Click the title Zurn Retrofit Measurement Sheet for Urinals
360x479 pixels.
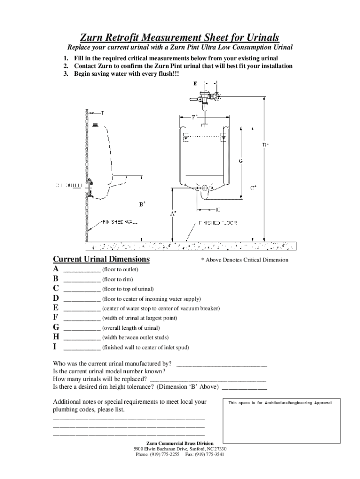(x=180, y=37)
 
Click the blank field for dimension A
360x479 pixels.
(x=82, y=270)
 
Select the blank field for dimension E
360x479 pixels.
(x=82, y=309)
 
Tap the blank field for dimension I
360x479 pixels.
(x=82, y=348)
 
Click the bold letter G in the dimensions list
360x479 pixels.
(x=56, y=327)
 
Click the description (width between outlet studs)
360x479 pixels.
(x=136, y=337)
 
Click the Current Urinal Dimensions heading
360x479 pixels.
(x=101, y=259)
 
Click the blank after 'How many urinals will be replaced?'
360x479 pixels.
(x=213, y=379)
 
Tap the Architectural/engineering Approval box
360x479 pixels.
(x=281, y=421)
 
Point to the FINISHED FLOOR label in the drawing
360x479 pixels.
(x=218, y=222)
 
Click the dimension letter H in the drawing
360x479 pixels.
(x=218, y=209)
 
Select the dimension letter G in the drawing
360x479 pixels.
(x=240, y=161)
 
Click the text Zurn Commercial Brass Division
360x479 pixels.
(x=180, y=443)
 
